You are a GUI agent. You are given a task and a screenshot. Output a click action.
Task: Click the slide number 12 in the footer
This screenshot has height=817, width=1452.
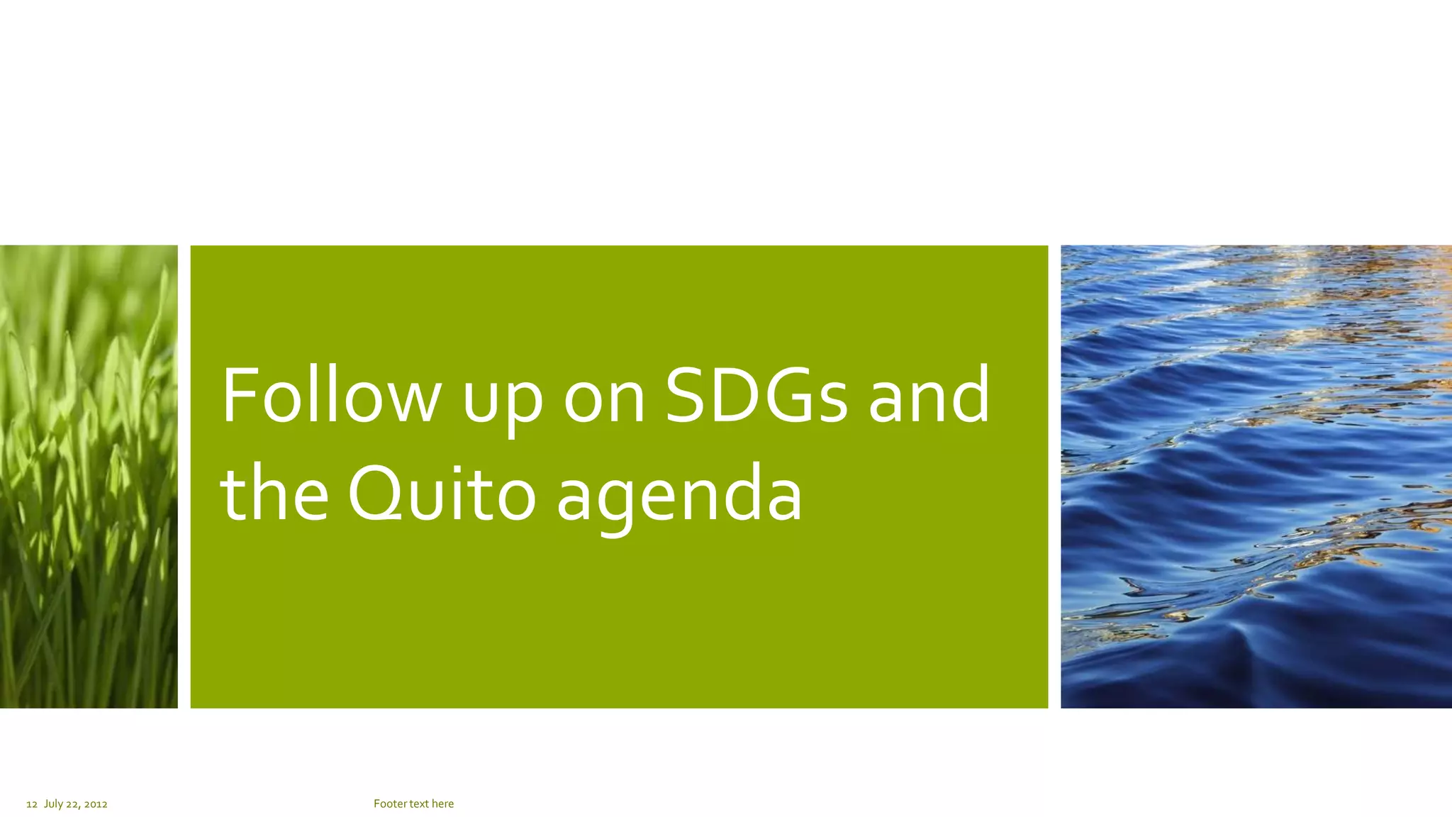click(x=31, y=804)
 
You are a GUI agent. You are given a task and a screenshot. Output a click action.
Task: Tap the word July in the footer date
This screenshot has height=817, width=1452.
click(x=53, y=804)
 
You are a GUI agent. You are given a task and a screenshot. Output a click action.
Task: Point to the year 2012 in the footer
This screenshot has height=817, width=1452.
click(x=96, y=804)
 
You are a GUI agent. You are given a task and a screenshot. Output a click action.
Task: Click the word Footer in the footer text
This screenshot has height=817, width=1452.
click(x=389, y=804)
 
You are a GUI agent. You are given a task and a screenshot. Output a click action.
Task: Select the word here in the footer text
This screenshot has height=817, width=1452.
click(x=442, y=804)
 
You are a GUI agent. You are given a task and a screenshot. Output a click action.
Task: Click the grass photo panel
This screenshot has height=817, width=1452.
click(x=89, y=477)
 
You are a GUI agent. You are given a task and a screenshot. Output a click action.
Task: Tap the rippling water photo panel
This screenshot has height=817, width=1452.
click(x=1256, y=477)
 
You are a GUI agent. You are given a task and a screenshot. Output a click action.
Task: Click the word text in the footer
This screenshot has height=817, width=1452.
click(x=419, y=804)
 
